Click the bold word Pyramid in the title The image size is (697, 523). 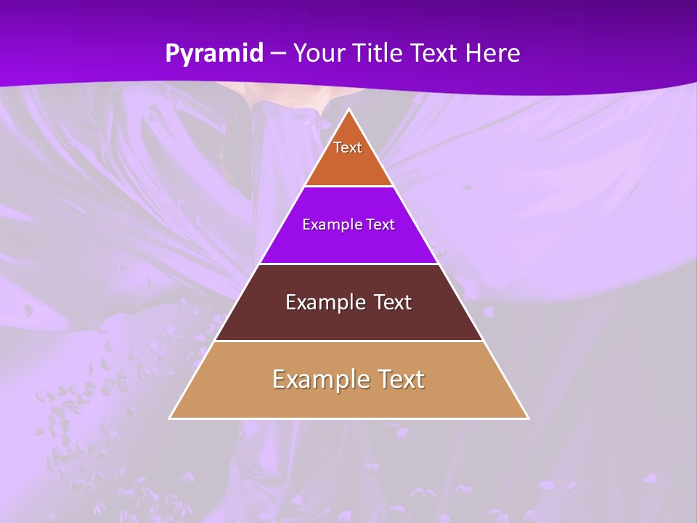click(214, 54)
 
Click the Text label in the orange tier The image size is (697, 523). click(348, 147)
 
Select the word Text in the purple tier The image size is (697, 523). click(381, 224)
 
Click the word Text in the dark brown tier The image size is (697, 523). click(392, 302)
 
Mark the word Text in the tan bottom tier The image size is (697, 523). click(399, 379)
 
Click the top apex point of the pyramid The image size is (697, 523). click(348, 110)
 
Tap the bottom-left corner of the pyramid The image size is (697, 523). click(170, 418)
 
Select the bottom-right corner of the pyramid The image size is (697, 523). click(528, 418)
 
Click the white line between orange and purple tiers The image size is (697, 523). click(348, 187)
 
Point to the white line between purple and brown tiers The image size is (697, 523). click(348, 264)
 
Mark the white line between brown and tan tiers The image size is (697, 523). click(348, 341)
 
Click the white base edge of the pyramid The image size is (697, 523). click(348, 418)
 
